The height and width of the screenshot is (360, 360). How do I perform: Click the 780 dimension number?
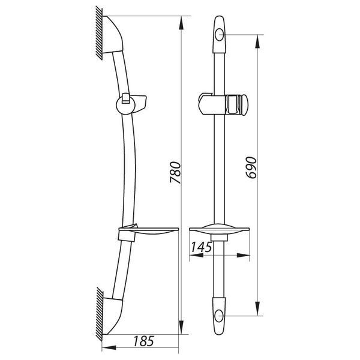point(175,172)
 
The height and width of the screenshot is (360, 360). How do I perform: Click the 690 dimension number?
point(251,167)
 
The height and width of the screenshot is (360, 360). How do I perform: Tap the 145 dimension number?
point(202,247)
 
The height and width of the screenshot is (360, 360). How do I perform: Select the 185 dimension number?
point(143,341)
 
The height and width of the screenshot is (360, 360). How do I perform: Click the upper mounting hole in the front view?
point(219,35)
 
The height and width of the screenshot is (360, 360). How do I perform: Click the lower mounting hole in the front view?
point(219,316)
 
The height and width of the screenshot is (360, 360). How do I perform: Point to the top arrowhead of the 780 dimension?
point(181,23)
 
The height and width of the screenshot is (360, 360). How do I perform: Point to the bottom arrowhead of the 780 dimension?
point(181,327)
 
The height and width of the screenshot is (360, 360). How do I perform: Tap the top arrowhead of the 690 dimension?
point(257,41)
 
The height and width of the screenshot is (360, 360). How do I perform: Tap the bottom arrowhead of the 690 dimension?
point(257,309)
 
